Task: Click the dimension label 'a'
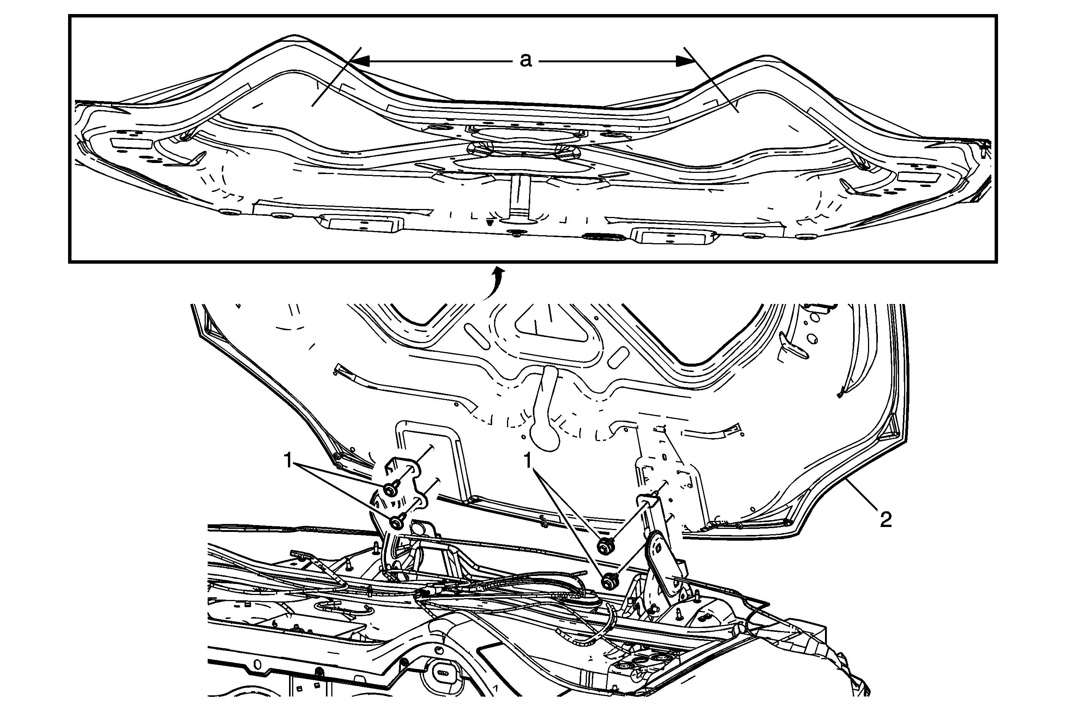coord(526,60)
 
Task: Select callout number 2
coord(885,520)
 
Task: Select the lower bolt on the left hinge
coord(397,522)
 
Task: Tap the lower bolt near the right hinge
coord(608,581)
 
